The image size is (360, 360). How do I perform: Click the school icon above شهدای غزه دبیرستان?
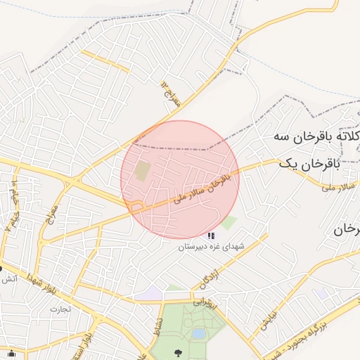click(211, 236)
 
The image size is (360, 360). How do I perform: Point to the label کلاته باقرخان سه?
click(313, 136)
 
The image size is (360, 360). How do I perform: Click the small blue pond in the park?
click(199, 333)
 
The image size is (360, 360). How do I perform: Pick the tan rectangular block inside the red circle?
click(143, 171)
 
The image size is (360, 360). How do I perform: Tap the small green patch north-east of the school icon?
click(229, 224)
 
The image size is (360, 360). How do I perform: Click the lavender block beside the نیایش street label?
click(321, 292)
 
